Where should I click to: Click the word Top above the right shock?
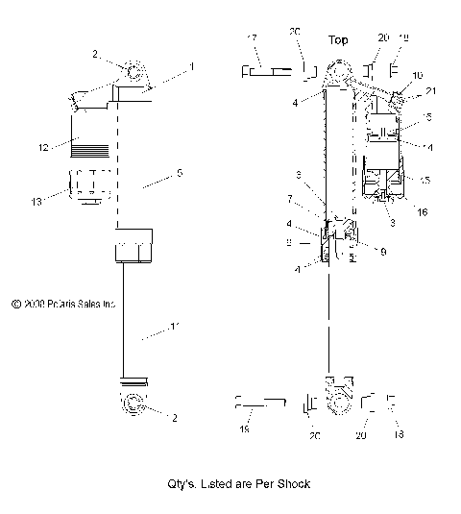(x=338, y=41)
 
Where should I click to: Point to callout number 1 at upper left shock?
(x=191, y=66)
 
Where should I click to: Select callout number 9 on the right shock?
(x=383, y=252)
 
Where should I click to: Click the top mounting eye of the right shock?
(x=338, y=72)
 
